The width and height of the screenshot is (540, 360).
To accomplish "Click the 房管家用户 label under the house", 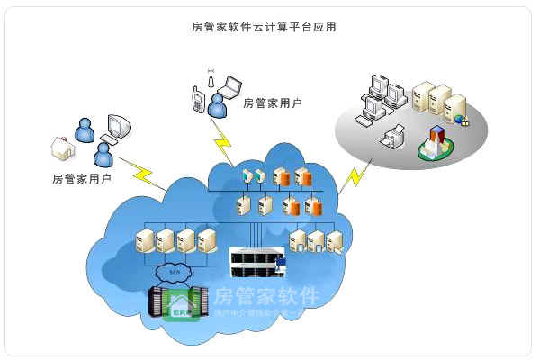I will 82,178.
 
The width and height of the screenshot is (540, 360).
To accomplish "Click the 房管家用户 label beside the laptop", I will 273,103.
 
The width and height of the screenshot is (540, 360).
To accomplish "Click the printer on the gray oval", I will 392,138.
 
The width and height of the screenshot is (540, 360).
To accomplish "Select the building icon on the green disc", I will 436,141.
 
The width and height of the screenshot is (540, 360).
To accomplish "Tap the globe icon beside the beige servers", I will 459,119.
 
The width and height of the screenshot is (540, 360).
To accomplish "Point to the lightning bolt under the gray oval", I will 354,175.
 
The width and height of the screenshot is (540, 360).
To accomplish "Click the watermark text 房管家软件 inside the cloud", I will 265,296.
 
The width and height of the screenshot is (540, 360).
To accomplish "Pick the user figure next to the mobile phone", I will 216,106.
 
